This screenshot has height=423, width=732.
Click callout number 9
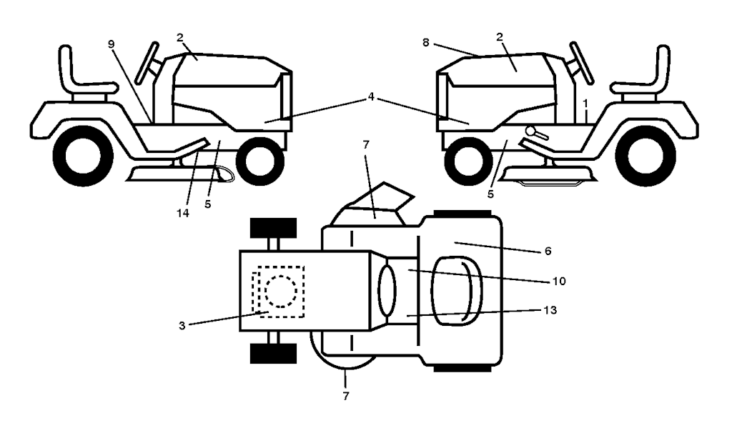tap(111, 44)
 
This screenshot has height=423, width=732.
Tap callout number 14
tap(183, 213)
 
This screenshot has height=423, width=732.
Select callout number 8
tap(425, 42)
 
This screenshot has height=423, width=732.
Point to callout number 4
tap(371, 96)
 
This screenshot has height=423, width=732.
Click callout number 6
tap(548, 252)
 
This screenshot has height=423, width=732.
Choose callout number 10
tap(559, 281)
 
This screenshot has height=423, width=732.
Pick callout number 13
tap(550, 310)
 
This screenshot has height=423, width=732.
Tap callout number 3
tap(182, 326)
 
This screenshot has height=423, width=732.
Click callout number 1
tap(585, 102)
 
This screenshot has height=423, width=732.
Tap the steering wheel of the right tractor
tap(582, 63)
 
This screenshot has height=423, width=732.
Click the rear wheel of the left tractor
tap(83, 156)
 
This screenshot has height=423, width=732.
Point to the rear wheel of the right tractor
tap(646, 156)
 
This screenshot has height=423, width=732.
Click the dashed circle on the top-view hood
tap(280, 291)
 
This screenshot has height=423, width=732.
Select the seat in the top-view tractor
tap(457, 290)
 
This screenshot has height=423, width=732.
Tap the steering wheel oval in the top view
tap(387, 290)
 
